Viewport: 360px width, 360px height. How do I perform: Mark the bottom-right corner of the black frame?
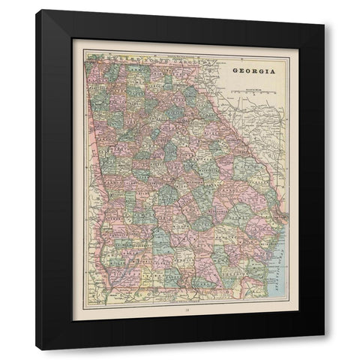(x=324, y=349)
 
